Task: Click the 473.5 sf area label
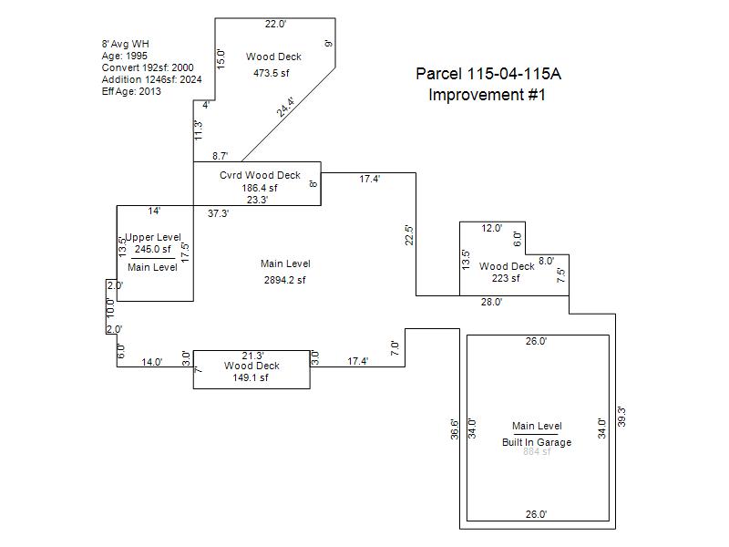272,73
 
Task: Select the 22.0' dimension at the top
276,25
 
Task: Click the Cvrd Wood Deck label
260,175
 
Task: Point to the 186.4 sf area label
260,188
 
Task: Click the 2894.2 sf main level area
285,280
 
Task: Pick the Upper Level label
153,237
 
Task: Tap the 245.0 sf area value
153,249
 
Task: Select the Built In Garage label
537,442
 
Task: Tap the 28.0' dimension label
491,302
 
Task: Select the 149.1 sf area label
252,377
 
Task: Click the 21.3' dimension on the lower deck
253,356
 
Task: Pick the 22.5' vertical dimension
410,234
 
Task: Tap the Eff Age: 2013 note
131,91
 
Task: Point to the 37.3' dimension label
218,213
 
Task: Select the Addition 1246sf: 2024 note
152,79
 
